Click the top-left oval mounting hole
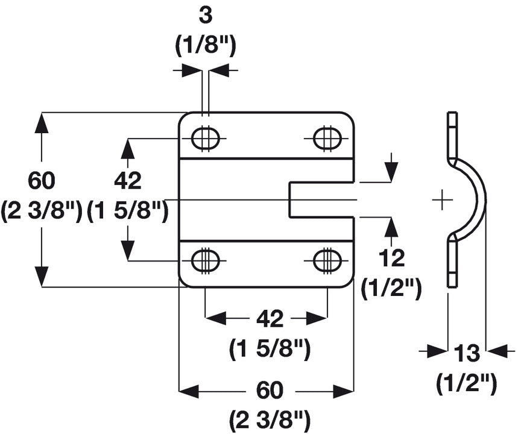pyautogui.click(x=205, y=138)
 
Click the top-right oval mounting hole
pyautogui.click(x=327, y=138)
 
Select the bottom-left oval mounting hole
pyautogui.click(x=205, y=260)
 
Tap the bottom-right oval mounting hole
pyautogui.click(x=327, y=260)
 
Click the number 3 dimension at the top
pyautogui.click(x=206, y=16)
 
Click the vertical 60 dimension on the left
pyautogui.click(x=41, y=181)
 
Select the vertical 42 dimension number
pyautogui.click(x=128, y=181)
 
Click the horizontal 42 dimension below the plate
pyautogui.click(x=270, y=319)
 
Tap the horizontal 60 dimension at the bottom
pyautogui.click(x=270, y=391)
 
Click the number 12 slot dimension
pyautogui.click(x=391, y=258)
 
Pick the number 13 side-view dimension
pyautogui.click(x=467, y=353)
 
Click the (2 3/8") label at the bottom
pyautogui.click(x=270, y=418)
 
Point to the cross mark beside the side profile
pyautogui.click(x=442, y=200)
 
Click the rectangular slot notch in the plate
pyautogui.click(x=322, y=200)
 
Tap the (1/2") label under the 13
pyautogui.click(x=467, y=383)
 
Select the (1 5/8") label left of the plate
pyautogui.click(x=128, y=210)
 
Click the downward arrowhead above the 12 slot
pyautogui.click(x=391, y=172)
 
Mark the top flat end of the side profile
pyautogui.click(x=453, y=113)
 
